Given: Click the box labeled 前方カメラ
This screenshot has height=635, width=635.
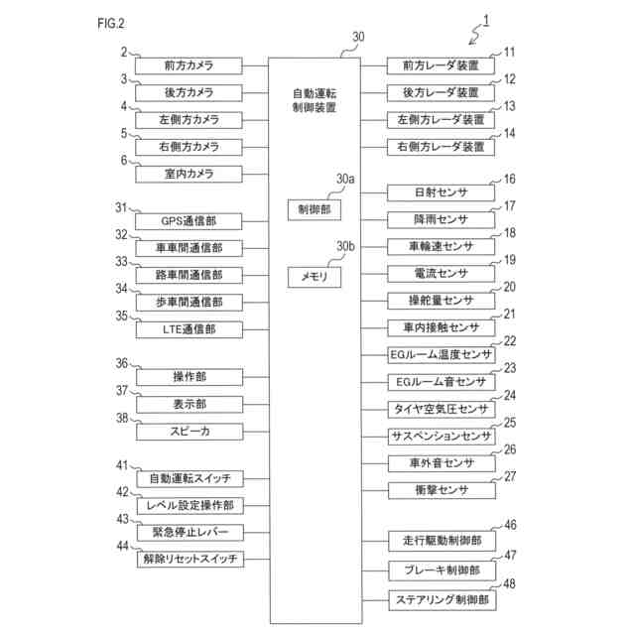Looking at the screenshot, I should [x=190, y=66].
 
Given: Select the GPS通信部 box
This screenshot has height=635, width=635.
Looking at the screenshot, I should [x=190, y=220].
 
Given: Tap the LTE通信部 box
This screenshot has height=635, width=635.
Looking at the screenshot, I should [x=190, y=328].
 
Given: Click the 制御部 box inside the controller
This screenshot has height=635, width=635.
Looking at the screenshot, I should [x=314, y=209].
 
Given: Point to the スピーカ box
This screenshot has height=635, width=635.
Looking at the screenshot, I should [x=190, y=432].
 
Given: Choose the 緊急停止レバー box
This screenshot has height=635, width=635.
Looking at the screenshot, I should [x=190, y=533].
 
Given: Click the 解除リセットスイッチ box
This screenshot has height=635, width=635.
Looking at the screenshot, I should [x=190, y=560].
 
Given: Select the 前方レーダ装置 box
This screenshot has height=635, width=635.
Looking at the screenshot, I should [x=441, y=66].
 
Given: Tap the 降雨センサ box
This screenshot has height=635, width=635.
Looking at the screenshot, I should [x=441, y=219].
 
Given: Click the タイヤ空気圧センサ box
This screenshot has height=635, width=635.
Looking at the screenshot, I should [x=441, y=409].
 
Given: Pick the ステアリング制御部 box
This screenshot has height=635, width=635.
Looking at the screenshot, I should [x=441, y=599].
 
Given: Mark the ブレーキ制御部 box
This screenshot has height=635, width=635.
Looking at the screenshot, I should [x=441, y=571].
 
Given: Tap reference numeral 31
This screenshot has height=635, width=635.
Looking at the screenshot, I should [x=121, y=207].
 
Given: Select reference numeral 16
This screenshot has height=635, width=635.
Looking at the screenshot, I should [x=510, y=180].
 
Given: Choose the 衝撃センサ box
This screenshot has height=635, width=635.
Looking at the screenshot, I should [x=441, y=490].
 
